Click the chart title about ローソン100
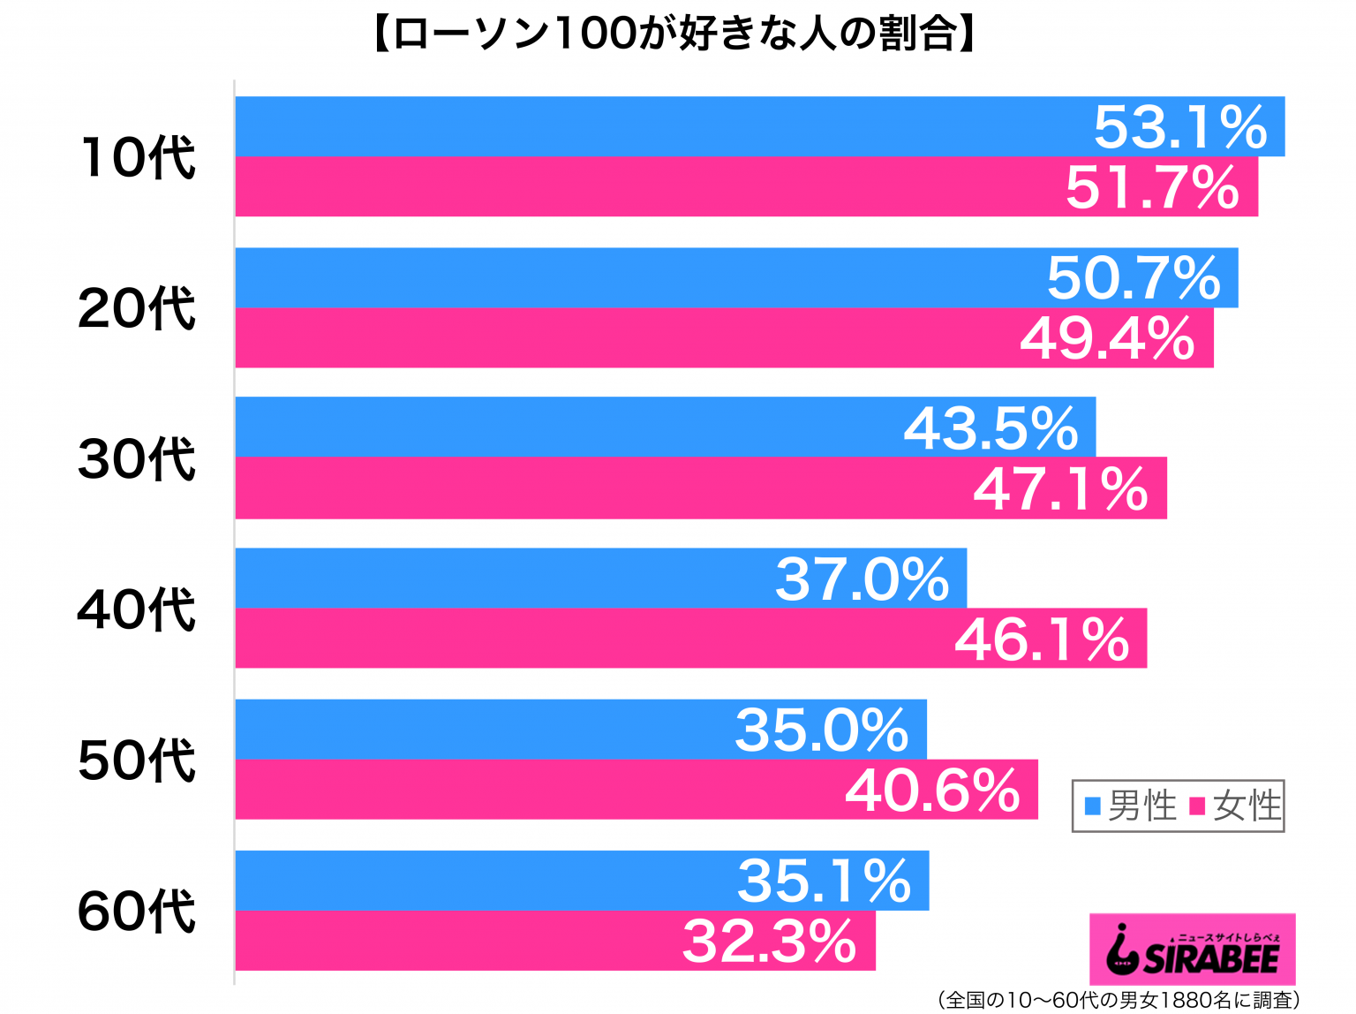[x=675, y=34]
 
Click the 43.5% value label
[x=991, y=428]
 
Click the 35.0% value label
[x=822, y=730]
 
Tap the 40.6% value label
[x=932, y=790]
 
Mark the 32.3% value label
[x=770, y=942]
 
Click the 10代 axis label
[x=138, y=157]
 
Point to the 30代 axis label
[x=137, y=458]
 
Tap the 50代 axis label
[x=137, y=760]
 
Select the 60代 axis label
[x=137, y=911]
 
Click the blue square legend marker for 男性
[x=1093, y=806]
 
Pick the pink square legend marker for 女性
[x=1198, y=806]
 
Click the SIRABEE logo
[x=1193, y=950]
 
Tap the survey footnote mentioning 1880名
[x=1119, y=1000]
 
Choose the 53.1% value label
[x=1180, y=127]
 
